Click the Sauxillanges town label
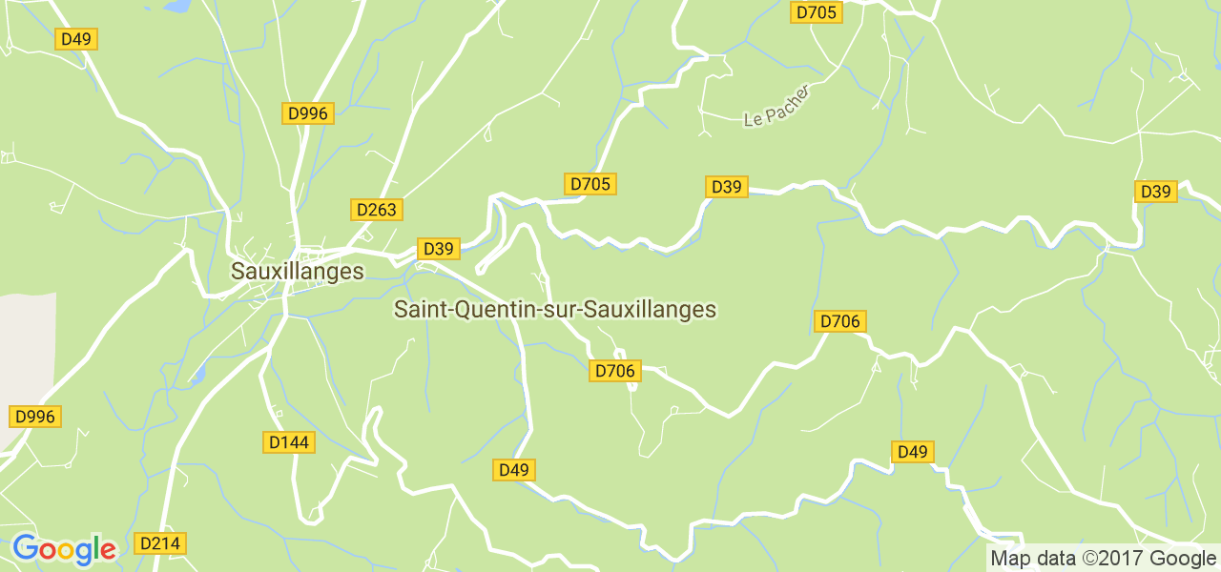pos(298,272)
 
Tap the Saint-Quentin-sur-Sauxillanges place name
pos(554,310)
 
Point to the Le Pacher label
pos(776,106)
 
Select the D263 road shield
pos(376,210)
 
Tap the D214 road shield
pos(160,543)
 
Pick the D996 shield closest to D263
pos(308,113)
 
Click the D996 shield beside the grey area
pos(35,417)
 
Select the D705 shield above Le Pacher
pos(816,12)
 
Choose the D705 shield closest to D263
pos(590,184)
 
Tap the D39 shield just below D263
pos(438,249)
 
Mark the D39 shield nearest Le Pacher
pos(726,187)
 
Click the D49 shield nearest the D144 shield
pos(513,470)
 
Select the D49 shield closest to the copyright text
pos(912,452)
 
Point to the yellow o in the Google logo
pos(66,551)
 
